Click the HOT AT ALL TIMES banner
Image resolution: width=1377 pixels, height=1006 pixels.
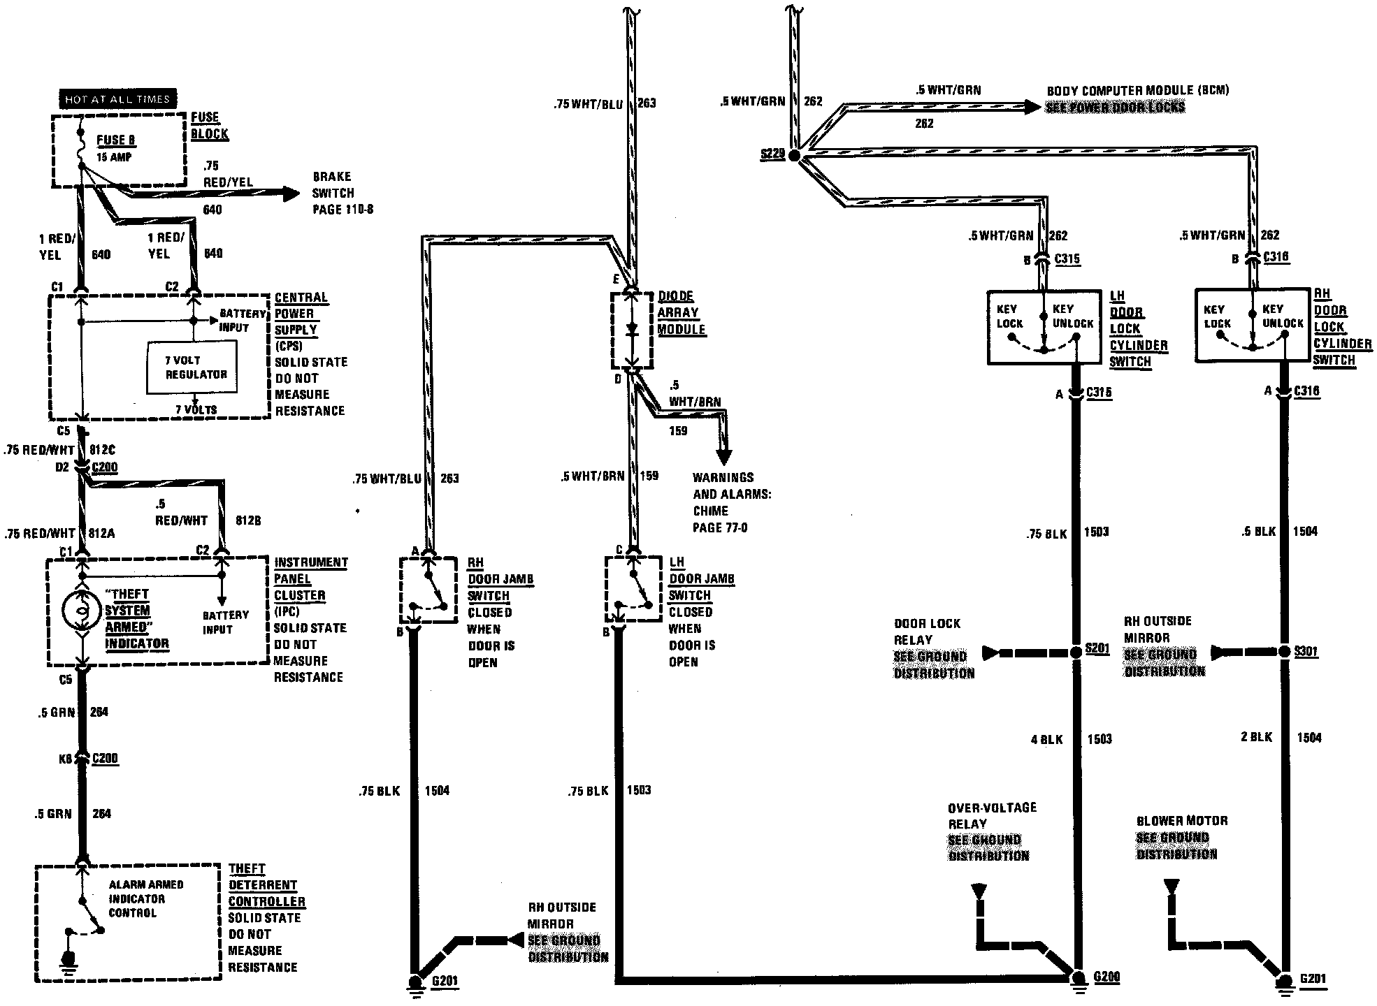coord(117,99)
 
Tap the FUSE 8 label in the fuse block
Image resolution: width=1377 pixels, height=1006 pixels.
coord(116,140)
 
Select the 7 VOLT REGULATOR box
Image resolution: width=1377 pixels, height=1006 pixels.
coord(196,367)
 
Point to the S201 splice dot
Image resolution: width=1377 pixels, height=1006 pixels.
coord(1076,653)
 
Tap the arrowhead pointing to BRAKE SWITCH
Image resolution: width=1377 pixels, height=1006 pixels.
coord(289,194)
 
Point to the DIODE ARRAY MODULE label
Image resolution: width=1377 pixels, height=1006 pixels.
coord(681,312)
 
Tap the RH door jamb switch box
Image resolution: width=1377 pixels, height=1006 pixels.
coord(428,589)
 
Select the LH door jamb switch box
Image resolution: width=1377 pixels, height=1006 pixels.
coord(633,588)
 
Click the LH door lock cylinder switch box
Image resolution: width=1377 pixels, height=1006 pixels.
coord(1044,327)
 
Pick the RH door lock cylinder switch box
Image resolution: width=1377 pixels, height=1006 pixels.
coord(1252,325)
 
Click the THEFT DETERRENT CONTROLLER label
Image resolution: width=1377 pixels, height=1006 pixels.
coord(266,885)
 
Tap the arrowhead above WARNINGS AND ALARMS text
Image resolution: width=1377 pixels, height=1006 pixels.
coord(724,457)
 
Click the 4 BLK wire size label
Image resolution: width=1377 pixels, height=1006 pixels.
coord(1046,739)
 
